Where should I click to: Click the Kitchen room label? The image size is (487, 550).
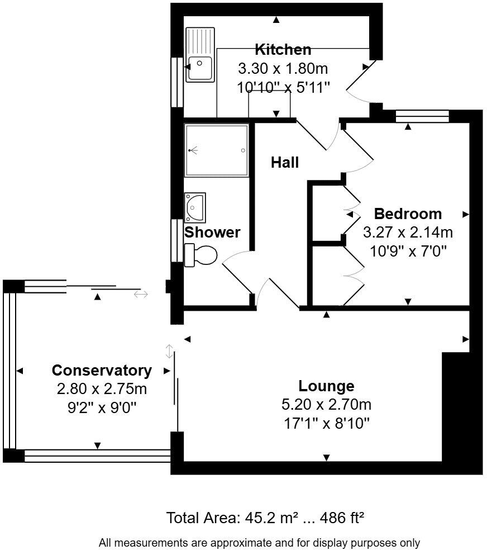pos(283,49)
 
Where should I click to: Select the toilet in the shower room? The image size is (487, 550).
pos(202,255)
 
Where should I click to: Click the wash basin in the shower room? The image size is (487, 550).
pos(195,207)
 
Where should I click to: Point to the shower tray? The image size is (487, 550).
pos(216,150)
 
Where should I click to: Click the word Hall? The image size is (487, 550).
pos(285,163)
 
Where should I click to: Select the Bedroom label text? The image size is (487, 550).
pos(408,214)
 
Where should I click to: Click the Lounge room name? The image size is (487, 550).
pos(326,386)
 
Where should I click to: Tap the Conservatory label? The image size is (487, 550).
pos(102,370)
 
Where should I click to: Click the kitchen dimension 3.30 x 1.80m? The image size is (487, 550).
pos(283,69)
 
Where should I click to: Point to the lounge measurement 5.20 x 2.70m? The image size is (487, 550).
pos(326,404)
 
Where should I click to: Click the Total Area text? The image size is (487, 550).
pos(265,518)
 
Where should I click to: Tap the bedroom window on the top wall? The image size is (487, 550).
pos(422,116)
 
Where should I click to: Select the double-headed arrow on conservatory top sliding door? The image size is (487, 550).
pos(141,294)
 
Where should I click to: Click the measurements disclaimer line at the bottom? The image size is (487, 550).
pos(259,542)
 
